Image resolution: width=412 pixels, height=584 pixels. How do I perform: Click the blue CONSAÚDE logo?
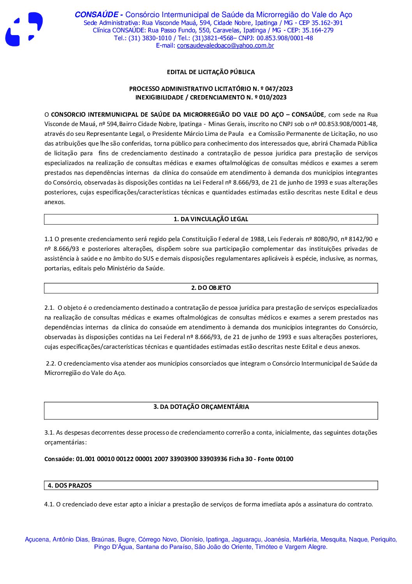24,29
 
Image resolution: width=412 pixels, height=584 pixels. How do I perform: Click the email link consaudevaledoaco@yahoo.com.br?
225,46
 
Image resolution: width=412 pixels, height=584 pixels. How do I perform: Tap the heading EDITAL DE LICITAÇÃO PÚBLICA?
211,72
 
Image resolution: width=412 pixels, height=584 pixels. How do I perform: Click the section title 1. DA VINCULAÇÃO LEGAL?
211,219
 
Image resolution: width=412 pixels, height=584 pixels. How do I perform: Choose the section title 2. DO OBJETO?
211,288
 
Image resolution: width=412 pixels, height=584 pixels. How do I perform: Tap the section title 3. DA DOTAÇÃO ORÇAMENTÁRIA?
201,407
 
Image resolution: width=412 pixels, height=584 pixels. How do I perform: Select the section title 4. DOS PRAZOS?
70,486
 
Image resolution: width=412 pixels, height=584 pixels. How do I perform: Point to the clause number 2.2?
51,364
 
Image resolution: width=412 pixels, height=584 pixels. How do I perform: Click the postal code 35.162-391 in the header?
327,23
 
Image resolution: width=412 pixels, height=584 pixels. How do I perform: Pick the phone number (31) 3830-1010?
150,38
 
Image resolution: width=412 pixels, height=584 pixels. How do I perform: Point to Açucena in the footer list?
37,540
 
